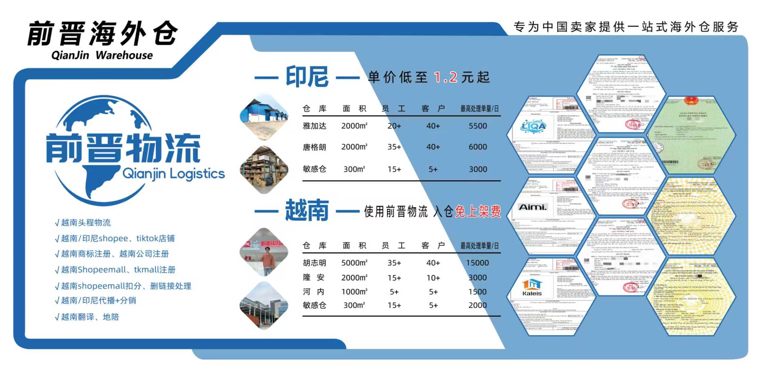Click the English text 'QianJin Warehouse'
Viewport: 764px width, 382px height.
[x=102, y=55]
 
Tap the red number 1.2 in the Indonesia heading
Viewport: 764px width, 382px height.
[x=445, y=77]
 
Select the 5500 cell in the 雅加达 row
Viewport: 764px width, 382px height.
[x=478, y=126]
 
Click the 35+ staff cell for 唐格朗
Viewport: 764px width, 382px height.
[x=394, y=147]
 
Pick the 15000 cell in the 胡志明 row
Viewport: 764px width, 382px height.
[x=477, y=263]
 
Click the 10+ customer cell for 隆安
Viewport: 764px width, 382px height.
[x=433, y=278]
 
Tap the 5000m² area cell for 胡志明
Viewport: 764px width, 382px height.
[x=354, y=263]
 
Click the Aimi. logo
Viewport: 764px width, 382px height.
[x=533, y=207]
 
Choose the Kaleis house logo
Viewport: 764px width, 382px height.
[x=532, y=287]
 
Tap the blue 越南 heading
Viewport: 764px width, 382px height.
[x=307, y=211]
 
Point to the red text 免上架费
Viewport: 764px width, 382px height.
[x=478, y=212]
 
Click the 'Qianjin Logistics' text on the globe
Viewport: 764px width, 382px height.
[x=173, y=174]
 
